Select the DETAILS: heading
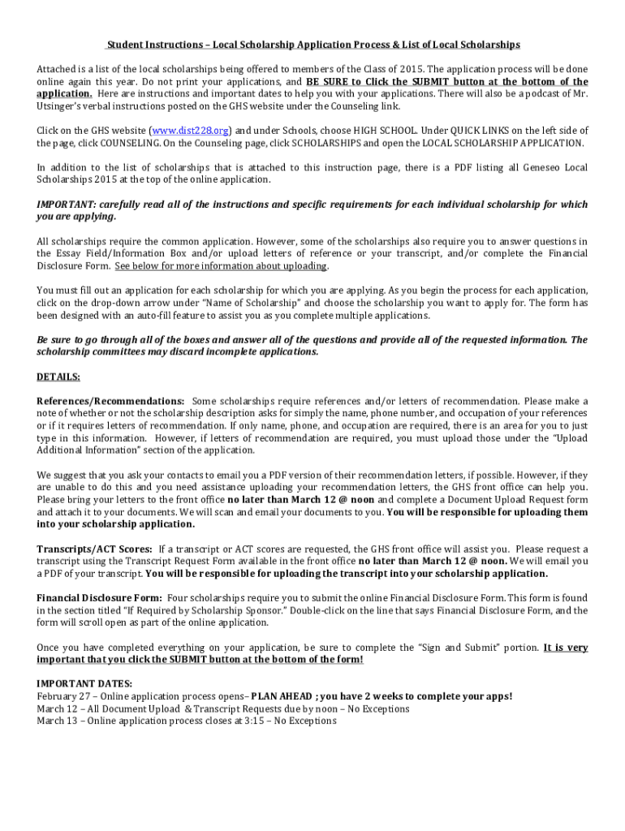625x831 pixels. tap(58, 377)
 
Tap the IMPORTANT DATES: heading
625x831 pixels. tap(84, 684)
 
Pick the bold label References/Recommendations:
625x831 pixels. tap(110, 401)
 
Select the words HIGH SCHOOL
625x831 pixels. tap(376, 131)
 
